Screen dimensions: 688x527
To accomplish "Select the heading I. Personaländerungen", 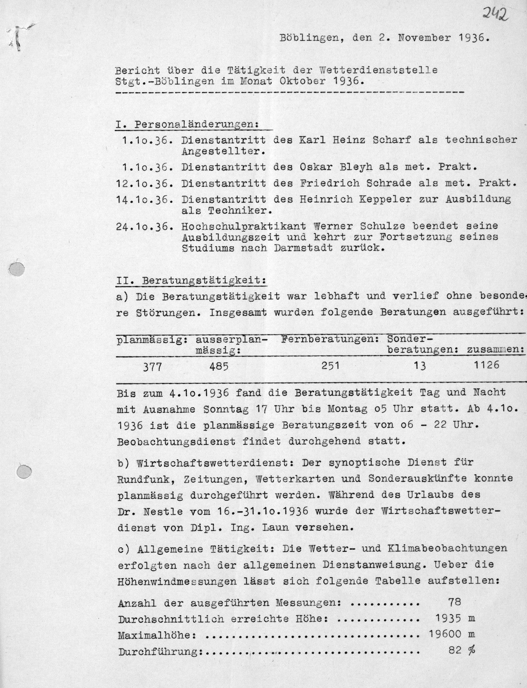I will coord(187,124).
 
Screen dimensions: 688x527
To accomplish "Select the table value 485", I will coord(219,366).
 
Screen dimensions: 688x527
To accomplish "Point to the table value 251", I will coord(331,365).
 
